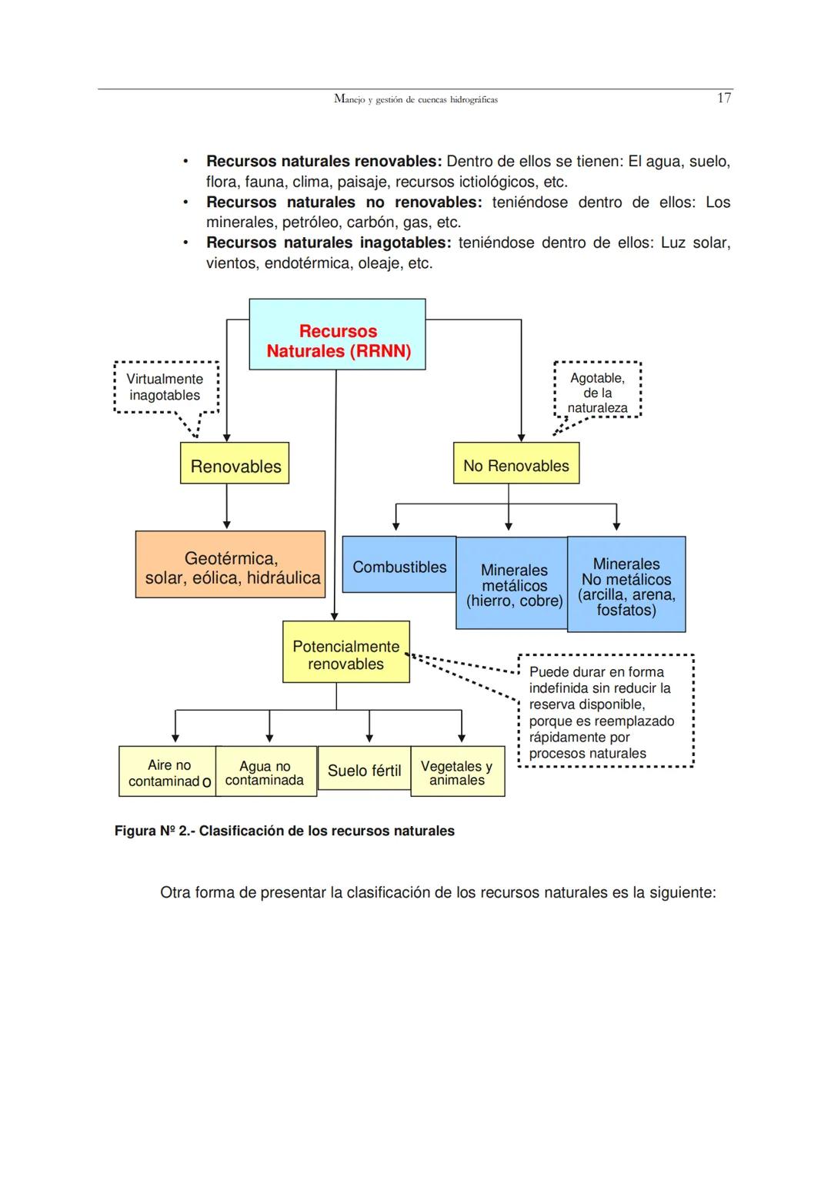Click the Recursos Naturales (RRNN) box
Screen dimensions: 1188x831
pyautogui.click(x=337, y=335)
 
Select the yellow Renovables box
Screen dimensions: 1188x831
pyautogui.click(x=235, y=463)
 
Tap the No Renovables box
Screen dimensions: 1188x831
pyautogui.click(x=516, y=463)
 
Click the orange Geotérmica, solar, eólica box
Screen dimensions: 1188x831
pyautogui.click(x=230, y=565)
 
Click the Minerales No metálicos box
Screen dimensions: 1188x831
pyautogui.click(x=626, y=585)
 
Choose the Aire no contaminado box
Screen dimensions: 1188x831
pyautogui.click(x=168, y=771)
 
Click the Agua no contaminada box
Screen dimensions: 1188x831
pyautogui.click(x=265, y=771)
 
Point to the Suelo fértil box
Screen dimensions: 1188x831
pyautogui.click(x=364, y=770)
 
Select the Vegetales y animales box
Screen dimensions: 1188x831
pyautogui.click(x=457, y=771)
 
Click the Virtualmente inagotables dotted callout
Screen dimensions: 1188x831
pyautogui.click(x=165, y=387)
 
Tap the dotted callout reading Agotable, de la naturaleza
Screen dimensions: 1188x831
pyautogui.click(x=597, y=390)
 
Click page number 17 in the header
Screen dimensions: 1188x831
pyautogui.click(x=723, y=98)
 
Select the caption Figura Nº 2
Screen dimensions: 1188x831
pyautogui.click(x=284, y=831)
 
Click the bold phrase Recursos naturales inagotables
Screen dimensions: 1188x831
pyautogui.click(x=328, y=243)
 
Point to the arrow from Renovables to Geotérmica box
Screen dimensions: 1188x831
pyautogui.click(x=227, y=506)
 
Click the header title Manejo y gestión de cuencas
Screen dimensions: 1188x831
pyautogui.click(x=415, y=99)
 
